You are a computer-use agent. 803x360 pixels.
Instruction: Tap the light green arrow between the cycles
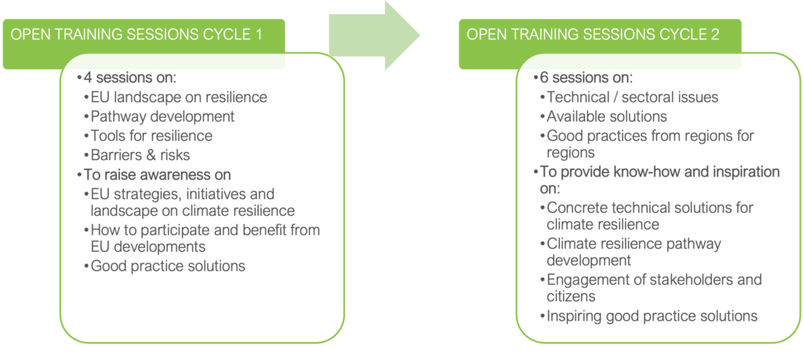tap(374, 35)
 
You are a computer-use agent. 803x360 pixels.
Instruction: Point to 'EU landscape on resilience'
tap(179, 97)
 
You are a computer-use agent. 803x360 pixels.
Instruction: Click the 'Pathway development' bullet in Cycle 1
tap(162, 116)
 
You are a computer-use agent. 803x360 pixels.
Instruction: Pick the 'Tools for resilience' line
tap(151, 136)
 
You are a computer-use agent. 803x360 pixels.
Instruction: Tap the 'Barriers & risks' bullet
tap(141, 155)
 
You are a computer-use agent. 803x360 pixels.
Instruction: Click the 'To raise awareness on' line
tap(157, 175)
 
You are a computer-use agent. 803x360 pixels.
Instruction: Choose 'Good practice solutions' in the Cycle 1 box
tap(168, 267)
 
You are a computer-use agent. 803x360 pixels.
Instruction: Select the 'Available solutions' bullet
tap(606, 117)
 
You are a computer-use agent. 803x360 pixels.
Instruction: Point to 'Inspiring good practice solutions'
tap(652, 316)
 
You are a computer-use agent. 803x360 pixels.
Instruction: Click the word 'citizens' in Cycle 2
tap(571, 296)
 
